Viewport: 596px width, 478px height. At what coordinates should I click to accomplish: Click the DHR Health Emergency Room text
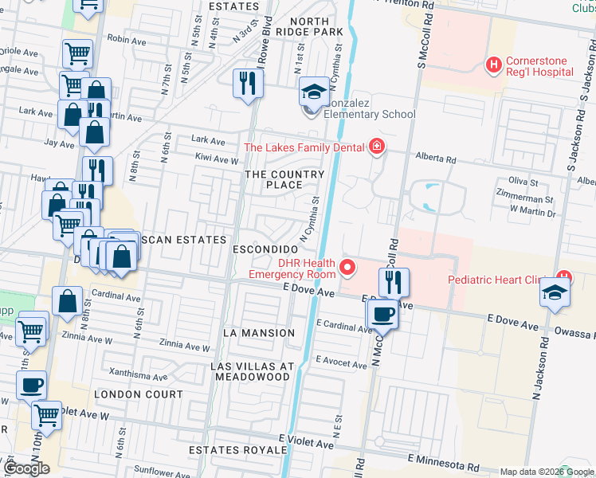point(304,268)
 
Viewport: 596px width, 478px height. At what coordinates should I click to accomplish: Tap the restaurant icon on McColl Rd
point(393,283)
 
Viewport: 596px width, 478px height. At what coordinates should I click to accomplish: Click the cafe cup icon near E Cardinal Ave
point(382,313)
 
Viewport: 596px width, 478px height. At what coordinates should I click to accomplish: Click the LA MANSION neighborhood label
point(259,332)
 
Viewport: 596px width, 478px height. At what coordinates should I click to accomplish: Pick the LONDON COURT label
point(138,394)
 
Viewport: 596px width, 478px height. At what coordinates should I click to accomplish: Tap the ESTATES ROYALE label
point(237,450)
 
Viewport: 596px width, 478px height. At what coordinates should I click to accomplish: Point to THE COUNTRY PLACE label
point(284,179)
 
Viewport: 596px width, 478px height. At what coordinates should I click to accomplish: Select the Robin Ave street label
point(124,38)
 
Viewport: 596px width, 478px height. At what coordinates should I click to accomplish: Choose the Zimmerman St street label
point(525,198)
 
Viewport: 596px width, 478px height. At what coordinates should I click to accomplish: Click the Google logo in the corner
point(26,468)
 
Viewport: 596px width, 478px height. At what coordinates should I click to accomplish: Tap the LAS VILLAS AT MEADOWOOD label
point(251,371)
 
